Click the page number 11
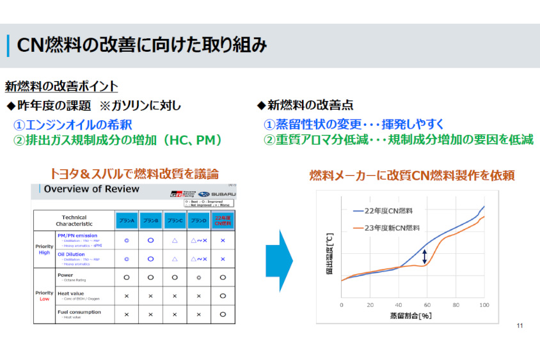520,327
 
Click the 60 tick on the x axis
427,305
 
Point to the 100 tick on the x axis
484,305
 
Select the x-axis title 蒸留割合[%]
411,316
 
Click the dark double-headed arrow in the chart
424,256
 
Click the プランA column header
126,221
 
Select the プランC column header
175,221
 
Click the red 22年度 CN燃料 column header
223,221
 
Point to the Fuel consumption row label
79,312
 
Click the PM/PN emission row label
77,235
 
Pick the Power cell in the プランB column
150,278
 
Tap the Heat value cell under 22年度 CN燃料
223,296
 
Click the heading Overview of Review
91,189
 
